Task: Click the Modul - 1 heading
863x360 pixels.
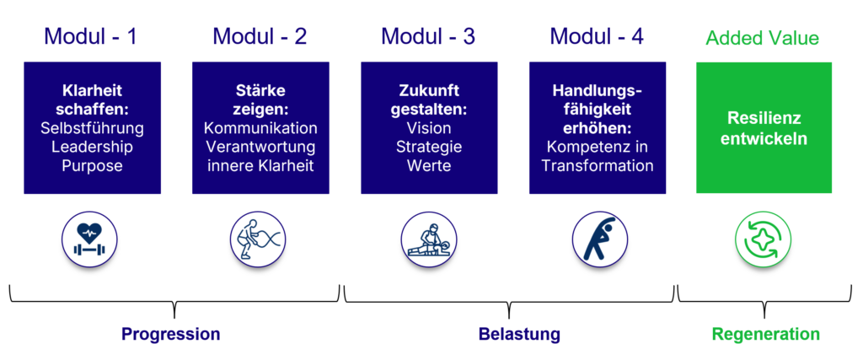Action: coord(90,36)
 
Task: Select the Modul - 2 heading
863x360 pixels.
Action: coord(260,36)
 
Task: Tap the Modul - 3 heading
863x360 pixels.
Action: coord(428,36)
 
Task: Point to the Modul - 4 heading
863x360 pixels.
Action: coord(598,36)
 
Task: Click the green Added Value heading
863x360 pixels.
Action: coord(763,38)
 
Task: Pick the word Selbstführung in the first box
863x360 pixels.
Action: coord(93,129)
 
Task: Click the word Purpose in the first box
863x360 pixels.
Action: coord(93,166)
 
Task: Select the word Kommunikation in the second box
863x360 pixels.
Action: coord(261,129)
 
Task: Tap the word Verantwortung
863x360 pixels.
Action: coord(261,148)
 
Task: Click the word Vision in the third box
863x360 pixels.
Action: coord(429,129)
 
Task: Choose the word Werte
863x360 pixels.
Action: coord(429,166)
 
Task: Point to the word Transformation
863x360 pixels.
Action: coord(598,166)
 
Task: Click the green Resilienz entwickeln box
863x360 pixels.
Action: coord(764,127)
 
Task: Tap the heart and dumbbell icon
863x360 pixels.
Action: coord(90,239)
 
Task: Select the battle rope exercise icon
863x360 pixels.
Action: coord(258,239)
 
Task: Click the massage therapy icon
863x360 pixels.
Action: coord(429,239)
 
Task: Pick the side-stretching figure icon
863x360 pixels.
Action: coord(600,239)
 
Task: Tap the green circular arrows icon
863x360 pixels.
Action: coord(764,239)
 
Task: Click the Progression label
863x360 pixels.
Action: coord(170,334)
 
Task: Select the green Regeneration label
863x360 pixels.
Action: coord(765,334)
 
